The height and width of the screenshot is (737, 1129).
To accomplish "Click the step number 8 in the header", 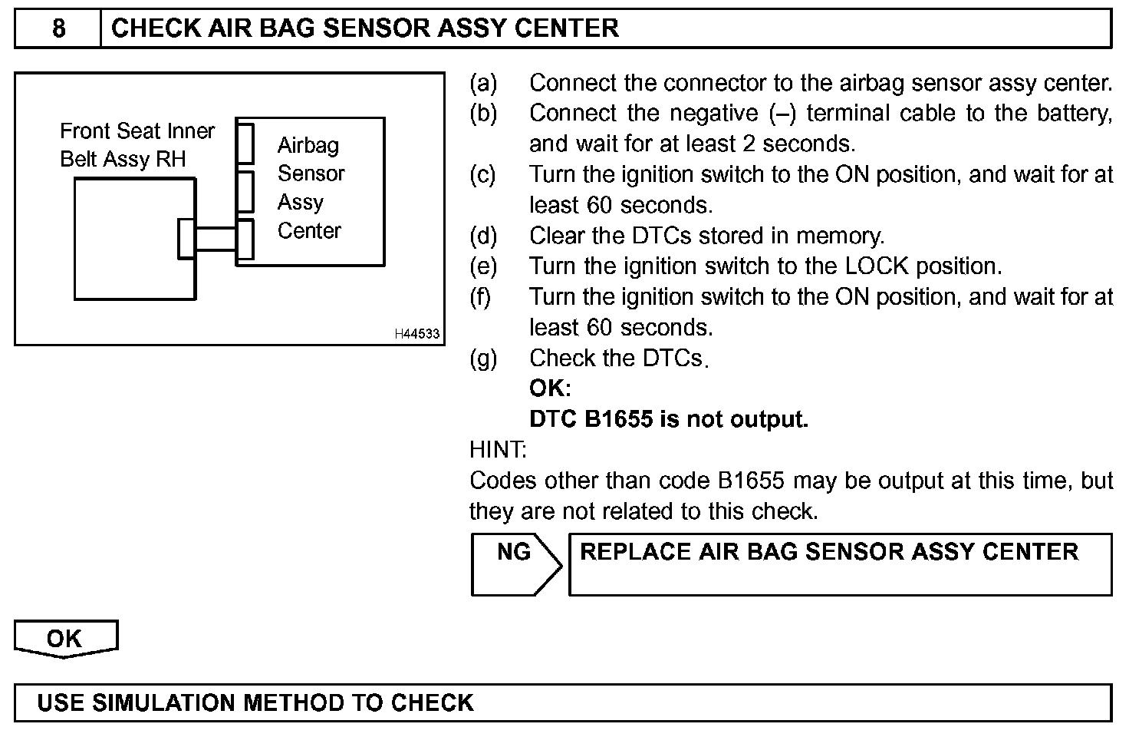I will tap(58, 28).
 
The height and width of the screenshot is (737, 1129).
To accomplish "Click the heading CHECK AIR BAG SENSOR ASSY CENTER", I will tap(365, 28).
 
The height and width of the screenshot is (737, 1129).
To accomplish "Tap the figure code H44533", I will tap(417, 334).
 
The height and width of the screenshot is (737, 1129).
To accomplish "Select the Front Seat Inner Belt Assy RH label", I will tap(137, 145).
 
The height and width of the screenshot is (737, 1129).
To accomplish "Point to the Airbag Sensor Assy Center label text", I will tap(310, 188).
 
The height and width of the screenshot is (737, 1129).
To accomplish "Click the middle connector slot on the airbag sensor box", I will tap(245, 191).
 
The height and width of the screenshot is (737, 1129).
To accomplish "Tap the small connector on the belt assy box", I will tap(186, 239).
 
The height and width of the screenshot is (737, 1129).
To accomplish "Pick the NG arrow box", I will tap(515, 564).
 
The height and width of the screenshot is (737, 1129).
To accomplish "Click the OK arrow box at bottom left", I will tap(65, 639).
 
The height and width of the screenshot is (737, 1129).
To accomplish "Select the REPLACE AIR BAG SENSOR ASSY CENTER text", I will tap(828, 552).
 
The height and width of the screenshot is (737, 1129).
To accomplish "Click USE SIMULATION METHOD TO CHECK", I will tap(255, 702).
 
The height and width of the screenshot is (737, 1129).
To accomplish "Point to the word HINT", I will tap(497, 450).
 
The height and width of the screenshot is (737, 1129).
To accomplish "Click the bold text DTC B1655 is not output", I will tap(668, 419).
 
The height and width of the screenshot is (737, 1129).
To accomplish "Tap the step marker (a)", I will tap(483, 83).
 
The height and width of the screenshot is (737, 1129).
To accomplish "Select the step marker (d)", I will tap(483, 236).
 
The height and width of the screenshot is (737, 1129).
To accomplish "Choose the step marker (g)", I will tap(483, 358).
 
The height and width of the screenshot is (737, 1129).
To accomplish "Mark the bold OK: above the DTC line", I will tap(550, 388).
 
